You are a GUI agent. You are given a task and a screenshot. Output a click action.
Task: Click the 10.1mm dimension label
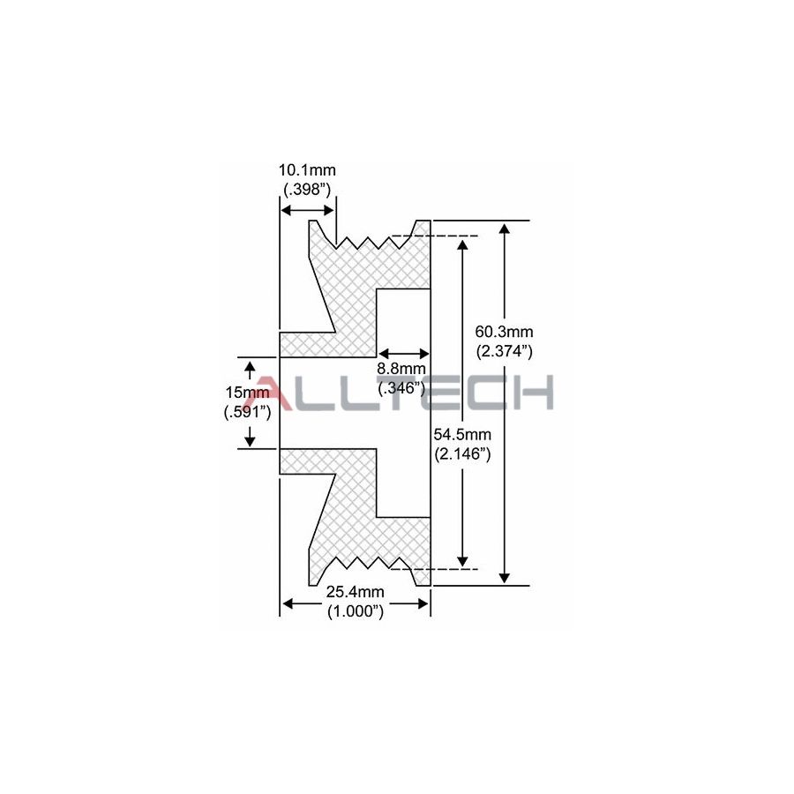point(307,169)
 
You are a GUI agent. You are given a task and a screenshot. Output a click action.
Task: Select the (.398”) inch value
point(307,188)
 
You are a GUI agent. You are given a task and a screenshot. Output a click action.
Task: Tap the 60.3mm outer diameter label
point(505,332)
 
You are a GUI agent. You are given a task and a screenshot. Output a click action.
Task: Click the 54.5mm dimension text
point(462,436)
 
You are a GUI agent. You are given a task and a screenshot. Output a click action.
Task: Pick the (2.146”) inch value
point(462,454)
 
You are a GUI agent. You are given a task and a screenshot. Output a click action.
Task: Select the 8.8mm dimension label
point(401,369)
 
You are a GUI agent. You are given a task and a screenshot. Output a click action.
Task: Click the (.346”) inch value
point(401,387)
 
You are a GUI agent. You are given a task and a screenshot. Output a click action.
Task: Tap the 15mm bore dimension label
point(247,392)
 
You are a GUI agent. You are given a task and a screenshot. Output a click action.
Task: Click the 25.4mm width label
point(355,592)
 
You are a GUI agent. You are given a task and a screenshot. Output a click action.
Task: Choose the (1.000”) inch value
point(355,610)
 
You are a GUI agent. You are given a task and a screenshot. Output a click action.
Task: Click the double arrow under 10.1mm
point(307,209)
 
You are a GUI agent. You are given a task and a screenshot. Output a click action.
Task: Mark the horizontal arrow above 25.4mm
point(355,603)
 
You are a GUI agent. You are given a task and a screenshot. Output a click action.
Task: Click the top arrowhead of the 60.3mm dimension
point(505,228)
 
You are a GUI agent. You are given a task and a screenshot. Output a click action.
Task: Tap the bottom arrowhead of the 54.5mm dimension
point(461,561)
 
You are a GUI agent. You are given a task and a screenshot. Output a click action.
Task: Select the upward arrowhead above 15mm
point(250,365)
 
